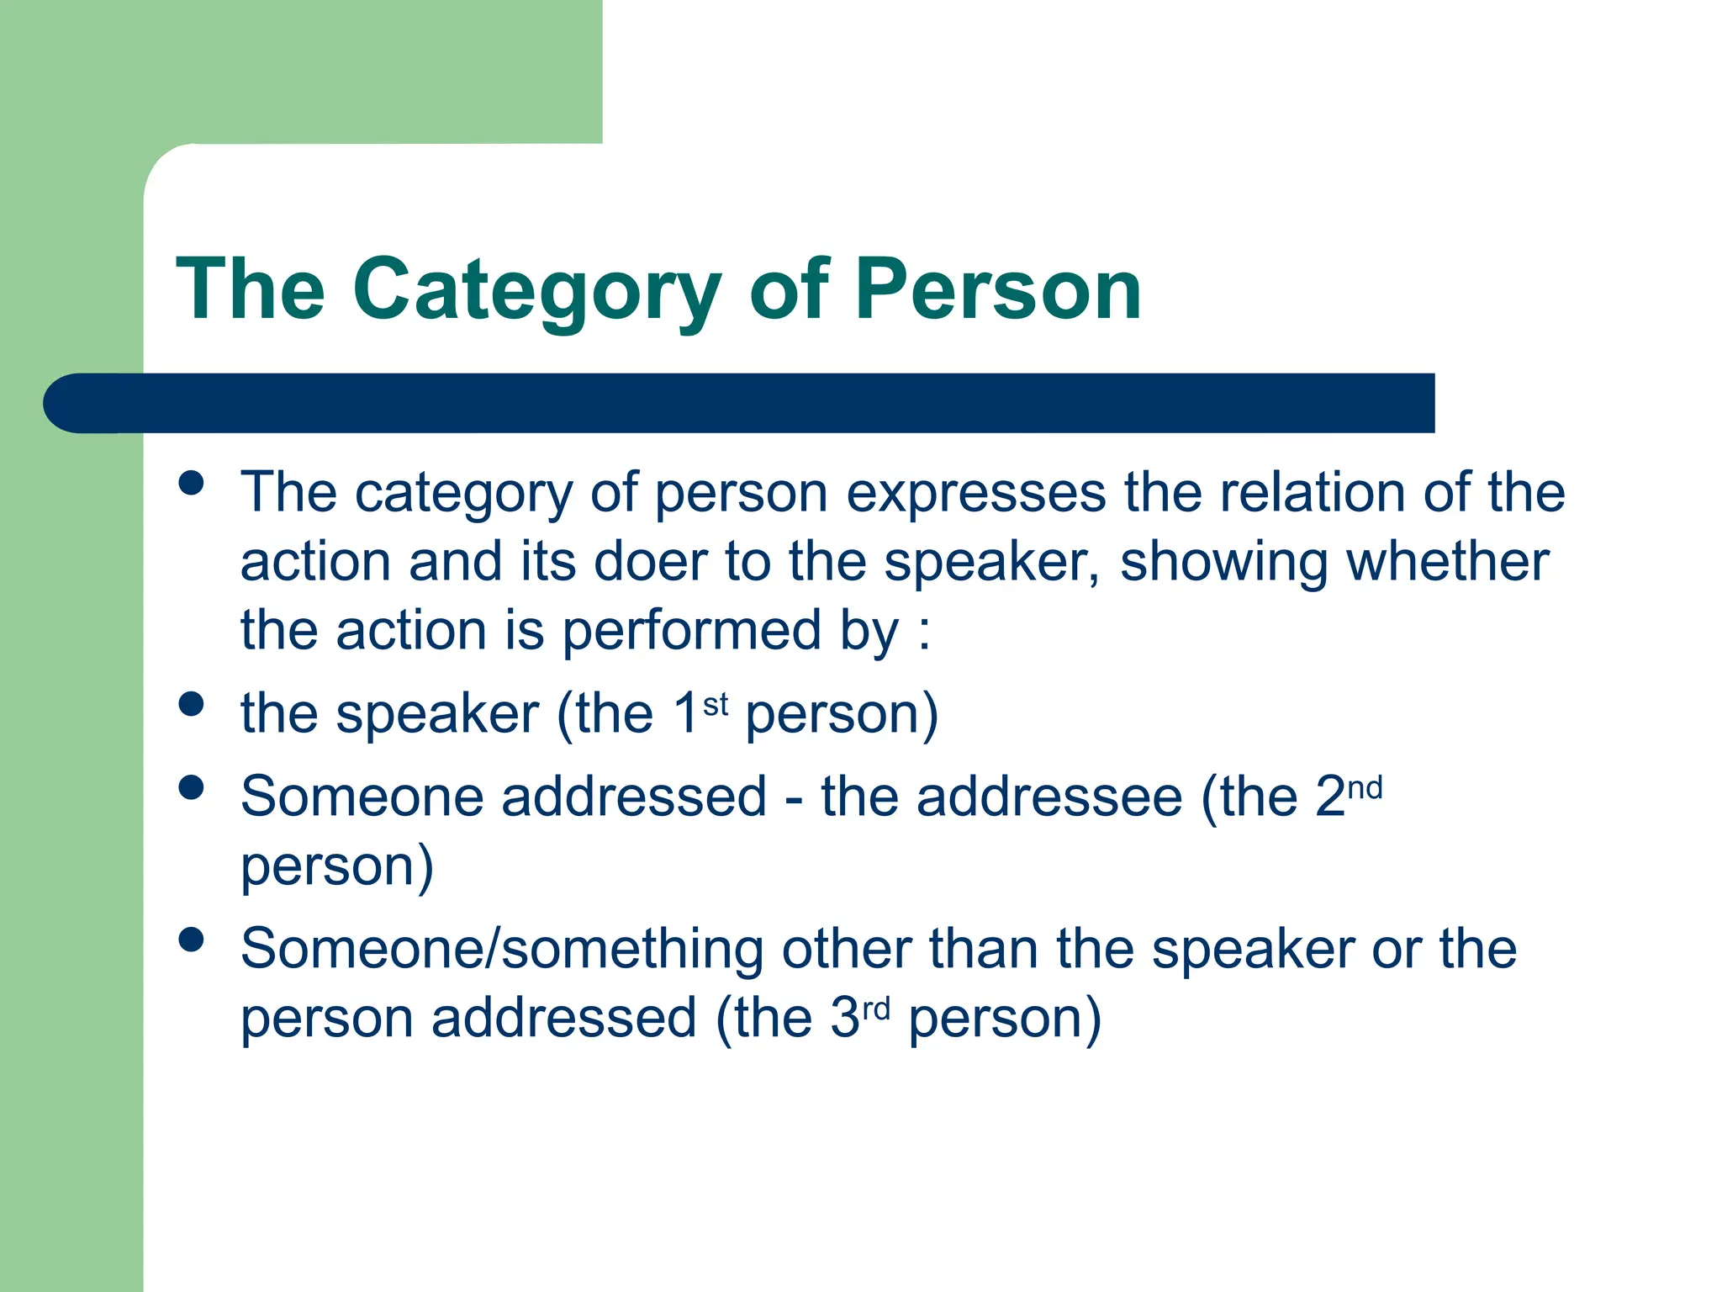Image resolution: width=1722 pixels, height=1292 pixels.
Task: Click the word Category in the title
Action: tap(536, 290)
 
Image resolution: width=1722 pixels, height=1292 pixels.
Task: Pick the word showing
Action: tap(1224, 563)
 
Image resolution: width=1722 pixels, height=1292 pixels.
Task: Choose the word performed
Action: tap(692, 631)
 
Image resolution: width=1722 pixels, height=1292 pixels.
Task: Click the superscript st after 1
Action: tap(716, 704)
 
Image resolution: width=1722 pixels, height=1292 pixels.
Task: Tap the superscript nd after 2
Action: tap(1365, 788)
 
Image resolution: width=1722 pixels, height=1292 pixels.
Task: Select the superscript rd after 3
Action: tap(876, 1009)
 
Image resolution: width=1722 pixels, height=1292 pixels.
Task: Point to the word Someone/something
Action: tap(501, 949)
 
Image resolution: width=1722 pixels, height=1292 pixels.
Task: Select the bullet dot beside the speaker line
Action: tap(192, 704)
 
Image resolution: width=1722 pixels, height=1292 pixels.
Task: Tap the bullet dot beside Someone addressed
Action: tap(192, 787)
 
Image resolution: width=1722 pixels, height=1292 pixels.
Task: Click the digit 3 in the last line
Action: tap(844, 1018)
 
